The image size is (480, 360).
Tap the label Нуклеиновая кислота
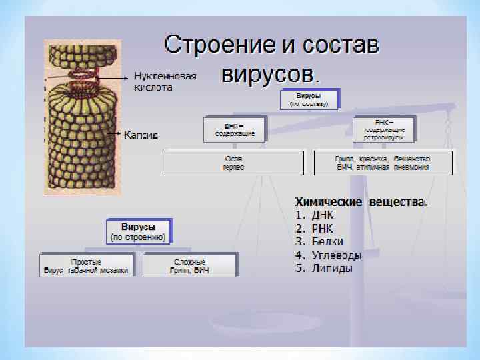point(165,81)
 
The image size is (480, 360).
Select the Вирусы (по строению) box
point(138,231)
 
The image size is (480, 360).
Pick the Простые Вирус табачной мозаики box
point(87,265)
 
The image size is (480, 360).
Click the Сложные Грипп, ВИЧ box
point(189,265)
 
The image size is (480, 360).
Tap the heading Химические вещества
point(361,201)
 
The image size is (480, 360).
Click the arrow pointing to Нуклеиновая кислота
point(113,77)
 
